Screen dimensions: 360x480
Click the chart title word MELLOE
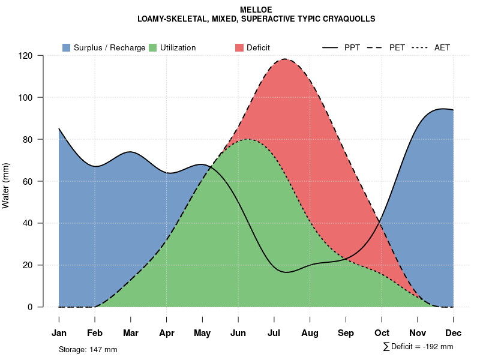click(x=256, y=10)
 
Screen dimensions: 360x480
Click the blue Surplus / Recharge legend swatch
click(x=66, y=47)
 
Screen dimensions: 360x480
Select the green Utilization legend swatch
click(x=152, y=47)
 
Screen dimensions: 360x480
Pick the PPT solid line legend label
click(x=352, y=47)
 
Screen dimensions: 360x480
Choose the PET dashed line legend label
click(x=397, y=47)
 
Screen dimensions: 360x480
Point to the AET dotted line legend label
click(x=442, y=47)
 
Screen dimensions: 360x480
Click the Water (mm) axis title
click(x=6, y=185)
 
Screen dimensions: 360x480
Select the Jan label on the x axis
click(x=59, y=333)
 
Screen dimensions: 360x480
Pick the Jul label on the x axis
click(x=274, y=333)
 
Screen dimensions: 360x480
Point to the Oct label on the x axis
click(x=382, y=333)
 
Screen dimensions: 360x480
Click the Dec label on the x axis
click(x=454, y=333)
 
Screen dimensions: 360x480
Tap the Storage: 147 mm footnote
click(x=88, y=349)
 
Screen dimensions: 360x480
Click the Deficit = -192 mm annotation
click(x=421, y=346)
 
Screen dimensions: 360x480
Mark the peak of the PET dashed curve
click(x=284, y=59)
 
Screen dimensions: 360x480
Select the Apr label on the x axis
click(x=167, y=333)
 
